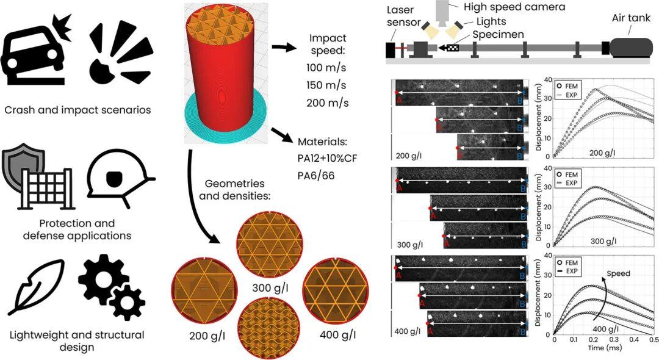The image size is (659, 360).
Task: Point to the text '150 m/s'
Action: [327, 84]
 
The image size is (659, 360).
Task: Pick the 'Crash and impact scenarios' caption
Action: [77, 110]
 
